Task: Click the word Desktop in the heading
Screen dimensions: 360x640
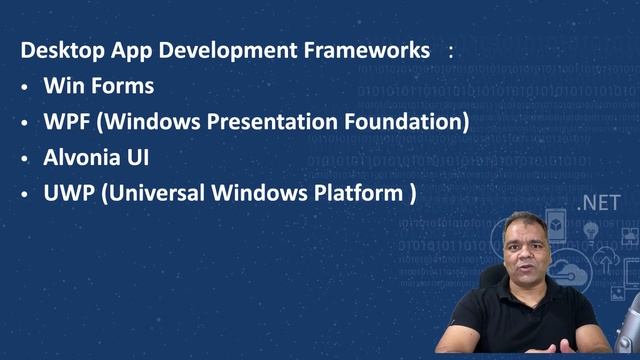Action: [x=56, y=49]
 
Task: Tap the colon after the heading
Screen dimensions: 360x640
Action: [x=451, y=50]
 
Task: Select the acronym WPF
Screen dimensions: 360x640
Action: [x=67, y=122]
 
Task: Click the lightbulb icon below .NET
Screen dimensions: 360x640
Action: [x=590, y=232]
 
